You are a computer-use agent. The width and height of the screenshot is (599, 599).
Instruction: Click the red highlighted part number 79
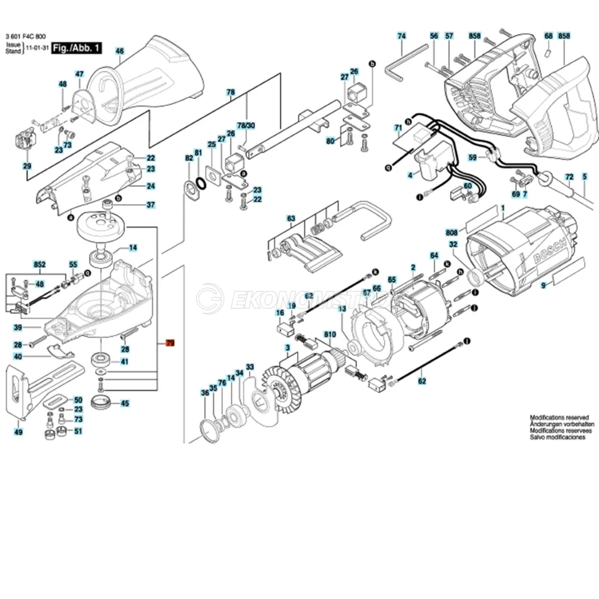tap(170, 343)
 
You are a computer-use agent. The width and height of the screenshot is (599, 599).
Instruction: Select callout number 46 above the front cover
tap(119, 52)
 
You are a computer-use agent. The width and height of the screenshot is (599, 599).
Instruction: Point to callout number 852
tap(40, 264)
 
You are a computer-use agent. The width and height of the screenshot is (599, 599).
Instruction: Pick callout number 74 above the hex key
tap(401, 36)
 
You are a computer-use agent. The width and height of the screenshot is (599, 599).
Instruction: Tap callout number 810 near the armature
tap(329, 333)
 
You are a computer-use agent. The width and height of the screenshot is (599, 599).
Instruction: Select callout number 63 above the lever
tap(291, 218)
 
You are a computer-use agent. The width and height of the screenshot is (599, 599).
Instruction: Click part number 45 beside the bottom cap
tap(125, 403)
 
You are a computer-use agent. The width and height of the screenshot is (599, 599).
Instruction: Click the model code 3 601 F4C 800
tap(25, 37)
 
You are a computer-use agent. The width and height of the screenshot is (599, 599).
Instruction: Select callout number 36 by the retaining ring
tap(205, 393)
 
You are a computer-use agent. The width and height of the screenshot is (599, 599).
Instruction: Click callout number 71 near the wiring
tap(398, 128)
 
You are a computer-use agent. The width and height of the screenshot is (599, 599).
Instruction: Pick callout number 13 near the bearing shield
tap(341, 309)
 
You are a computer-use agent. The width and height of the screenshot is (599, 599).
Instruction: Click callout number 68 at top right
tap(548, 36)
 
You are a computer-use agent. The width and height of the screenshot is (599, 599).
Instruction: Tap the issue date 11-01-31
tap(37, 52)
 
